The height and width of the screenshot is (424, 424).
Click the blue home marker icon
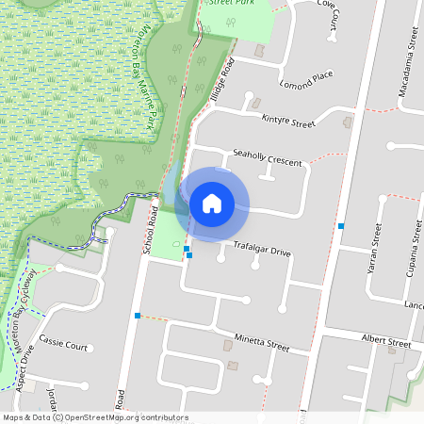click(x=212, y=203)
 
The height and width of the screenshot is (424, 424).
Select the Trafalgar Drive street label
click(x=263, y=251)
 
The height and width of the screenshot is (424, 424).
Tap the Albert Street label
click(x=386, y=339)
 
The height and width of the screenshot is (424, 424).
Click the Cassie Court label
click(x=64, y=346)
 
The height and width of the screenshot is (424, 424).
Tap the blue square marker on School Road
click(x=138, y=315)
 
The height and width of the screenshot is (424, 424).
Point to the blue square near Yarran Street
click(x=341, y=226)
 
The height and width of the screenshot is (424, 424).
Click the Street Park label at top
click(x=230, y=4)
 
